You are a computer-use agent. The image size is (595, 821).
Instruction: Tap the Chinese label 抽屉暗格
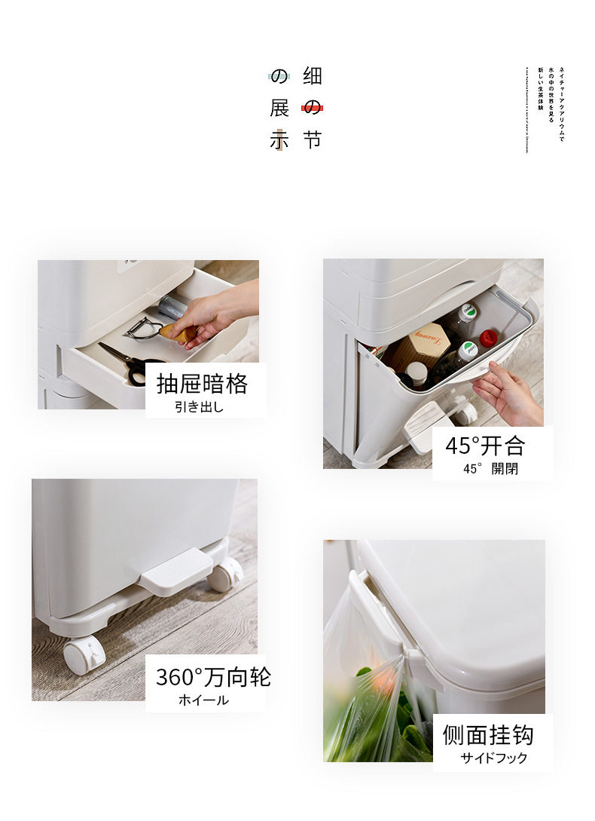point(202,384)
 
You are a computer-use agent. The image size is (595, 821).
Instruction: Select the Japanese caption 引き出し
point(200,408)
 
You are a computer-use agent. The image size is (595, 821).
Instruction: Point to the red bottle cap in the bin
point(489,337)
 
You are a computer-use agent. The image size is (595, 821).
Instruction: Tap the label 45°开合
point(484,446)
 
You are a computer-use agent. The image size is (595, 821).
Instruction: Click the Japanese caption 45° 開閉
point(490,469)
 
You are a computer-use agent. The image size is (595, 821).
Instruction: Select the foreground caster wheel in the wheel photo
point(84,654)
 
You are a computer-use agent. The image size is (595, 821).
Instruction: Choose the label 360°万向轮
point(212,676)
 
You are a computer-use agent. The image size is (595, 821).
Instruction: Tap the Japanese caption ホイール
point(203,700)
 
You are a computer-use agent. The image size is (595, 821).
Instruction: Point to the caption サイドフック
point(494,758)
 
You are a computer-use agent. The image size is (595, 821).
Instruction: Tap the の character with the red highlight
point(312,108)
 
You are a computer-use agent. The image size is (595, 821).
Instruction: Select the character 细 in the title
point(312,76)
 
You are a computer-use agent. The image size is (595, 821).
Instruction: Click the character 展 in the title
point(279,108)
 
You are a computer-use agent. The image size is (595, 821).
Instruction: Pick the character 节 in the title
point(312,139)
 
